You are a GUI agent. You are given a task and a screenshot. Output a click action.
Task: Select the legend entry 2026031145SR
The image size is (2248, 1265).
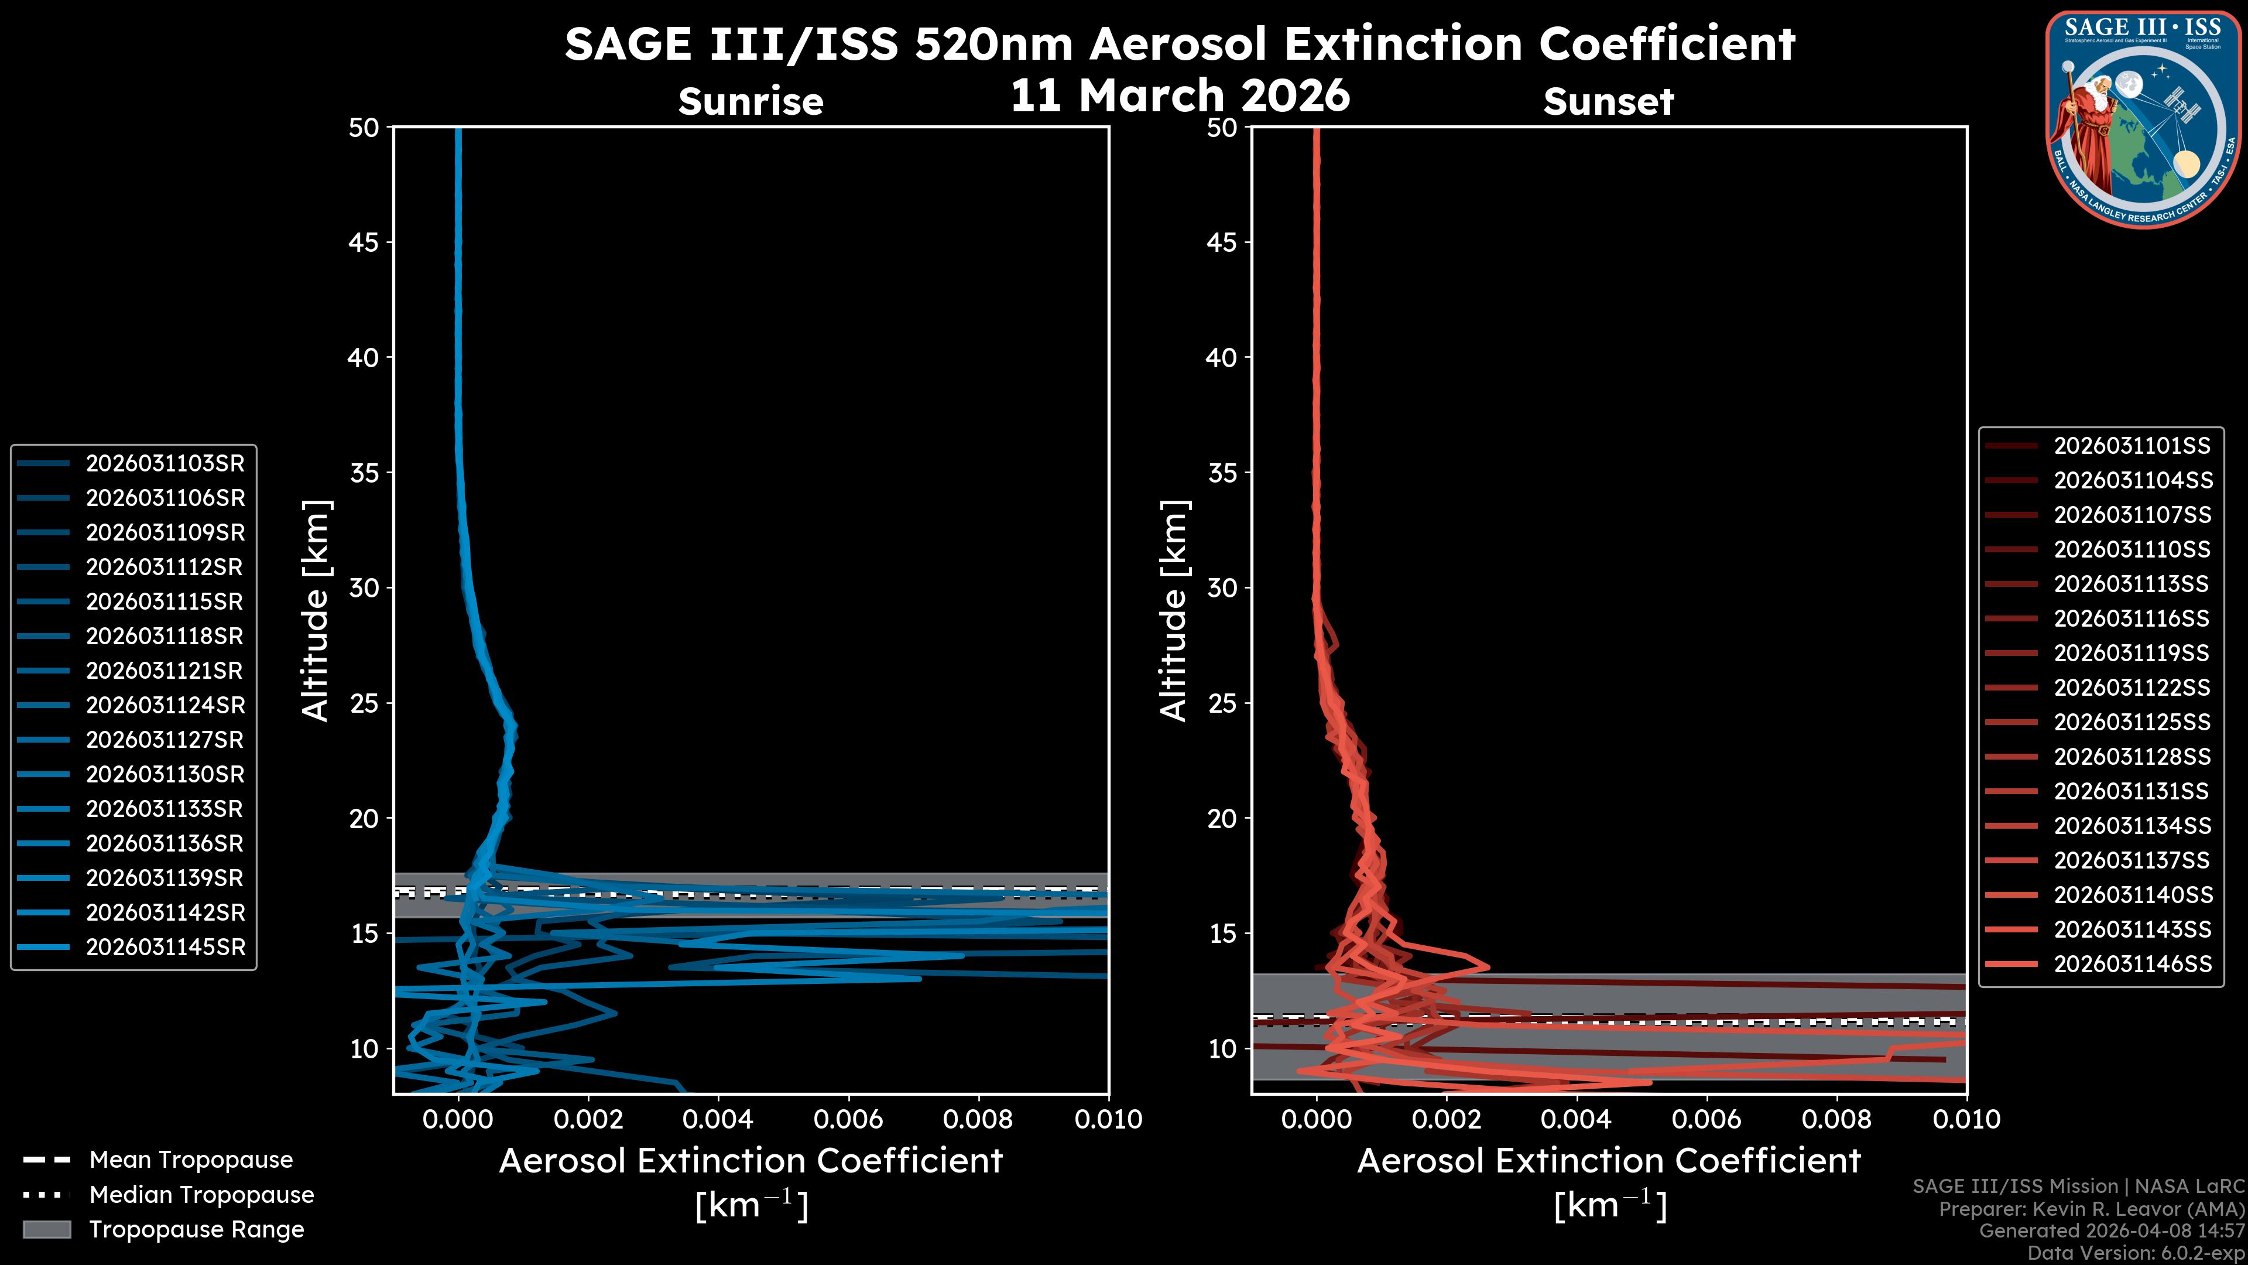(165, 947)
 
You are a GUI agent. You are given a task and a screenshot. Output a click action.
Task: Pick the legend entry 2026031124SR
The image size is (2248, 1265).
(165, 705)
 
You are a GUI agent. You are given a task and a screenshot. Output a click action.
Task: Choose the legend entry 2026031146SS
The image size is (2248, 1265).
(2132, 964)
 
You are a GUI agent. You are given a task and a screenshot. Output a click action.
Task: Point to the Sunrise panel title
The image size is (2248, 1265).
(751, 101)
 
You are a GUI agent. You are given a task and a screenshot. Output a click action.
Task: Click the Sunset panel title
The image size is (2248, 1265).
(1608, 101)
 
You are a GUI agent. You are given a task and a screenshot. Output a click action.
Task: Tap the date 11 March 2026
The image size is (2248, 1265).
(1180, 94)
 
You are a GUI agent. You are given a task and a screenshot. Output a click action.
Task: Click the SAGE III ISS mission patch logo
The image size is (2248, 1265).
(2143, 119)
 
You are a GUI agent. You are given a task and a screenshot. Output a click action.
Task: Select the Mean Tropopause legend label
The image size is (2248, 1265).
(191, 1160)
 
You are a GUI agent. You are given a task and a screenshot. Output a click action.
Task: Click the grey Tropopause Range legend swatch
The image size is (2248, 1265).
(46, 1229)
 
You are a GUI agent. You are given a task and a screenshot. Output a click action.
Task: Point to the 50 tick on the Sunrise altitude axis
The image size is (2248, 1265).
(364, 128)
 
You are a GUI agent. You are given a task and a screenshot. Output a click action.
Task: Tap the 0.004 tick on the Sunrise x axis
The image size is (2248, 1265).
(718, 1119)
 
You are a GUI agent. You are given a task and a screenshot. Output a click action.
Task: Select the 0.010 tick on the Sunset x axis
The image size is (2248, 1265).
(1966, 1119)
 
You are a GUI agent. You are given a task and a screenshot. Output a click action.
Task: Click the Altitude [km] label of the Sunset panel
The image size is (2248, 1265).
(1174, 610)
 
